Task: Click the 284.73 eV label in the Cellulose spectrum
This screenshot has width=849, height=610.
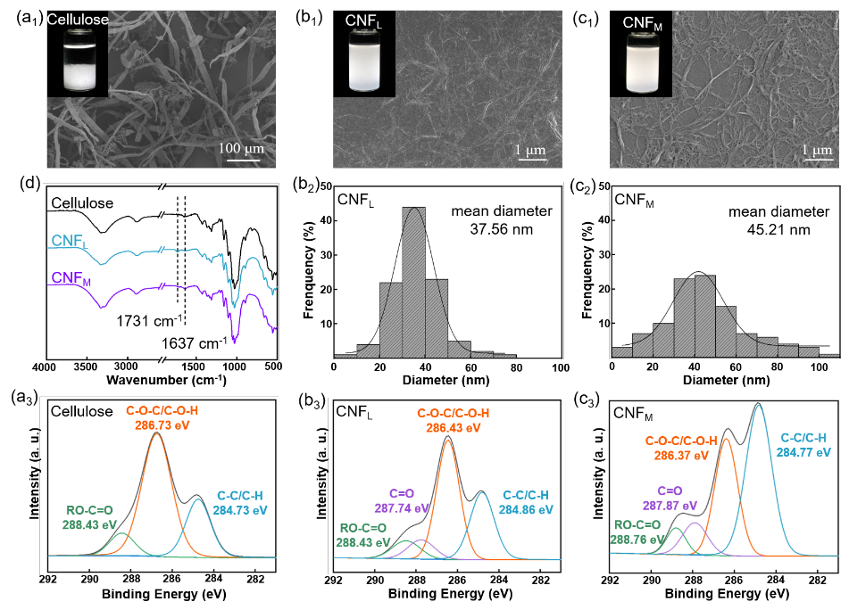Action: [242, 509]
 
